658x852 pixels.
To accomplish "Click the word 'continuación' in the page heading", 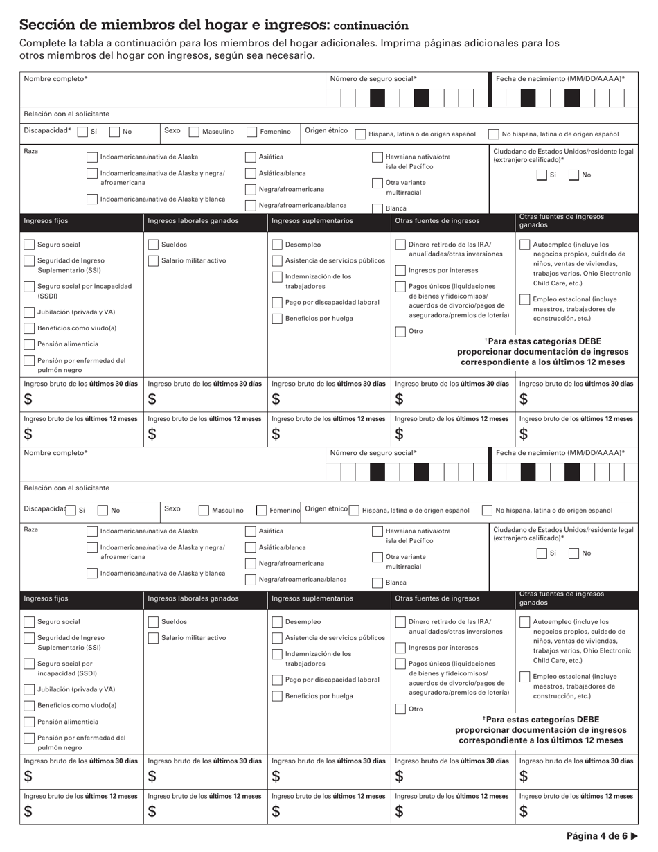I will [371, 26].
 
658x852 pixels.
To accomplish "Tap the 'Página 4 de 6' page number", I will [596, 835].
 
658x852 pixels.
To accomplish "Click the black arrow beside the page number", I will [634, 835].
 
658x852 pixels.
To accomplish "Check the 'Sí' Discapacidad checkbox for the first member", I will [82, 132].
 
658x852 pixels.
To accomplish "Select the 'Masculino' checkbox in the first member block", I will [194, 132].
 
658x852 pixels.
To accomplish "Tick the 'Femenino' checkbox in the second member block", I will [261, 511].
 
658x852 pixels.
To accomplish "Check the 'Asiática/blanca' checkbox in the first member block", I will [250, 173].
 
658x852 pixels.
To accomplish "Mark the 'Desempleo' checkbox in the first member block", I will [277, 245].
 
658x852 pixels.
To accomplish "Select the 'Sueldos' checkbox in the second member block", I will [154, 622].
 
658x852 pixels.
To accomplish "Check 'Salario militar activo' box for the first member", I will [154, 260].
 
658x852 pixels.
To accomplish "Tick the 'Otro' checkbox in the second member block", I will [400, 709].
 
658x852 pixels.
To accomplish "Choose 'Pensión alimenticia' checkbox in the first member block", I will [29, 344].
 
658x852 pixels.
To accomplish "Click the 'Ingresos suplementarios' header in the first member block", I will [312, 221].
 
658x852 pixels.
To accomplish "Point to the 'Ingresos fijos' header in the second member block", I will [46, 598].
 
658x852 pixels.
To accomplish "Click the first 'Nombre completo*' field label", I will [55, 79].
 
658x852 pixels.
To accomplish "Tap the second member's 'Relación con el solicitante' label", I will [66, 488].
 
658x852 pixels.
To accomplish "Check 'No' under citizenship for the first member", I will [573, 175].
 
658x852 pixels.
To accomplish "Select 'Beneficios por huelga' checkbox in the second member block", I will [277, 696].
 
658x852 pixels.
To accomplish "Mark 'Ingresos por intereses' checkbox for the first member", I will [400, 270].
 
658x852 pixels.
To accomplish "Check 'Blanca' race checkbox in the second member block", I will [377, 583].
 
